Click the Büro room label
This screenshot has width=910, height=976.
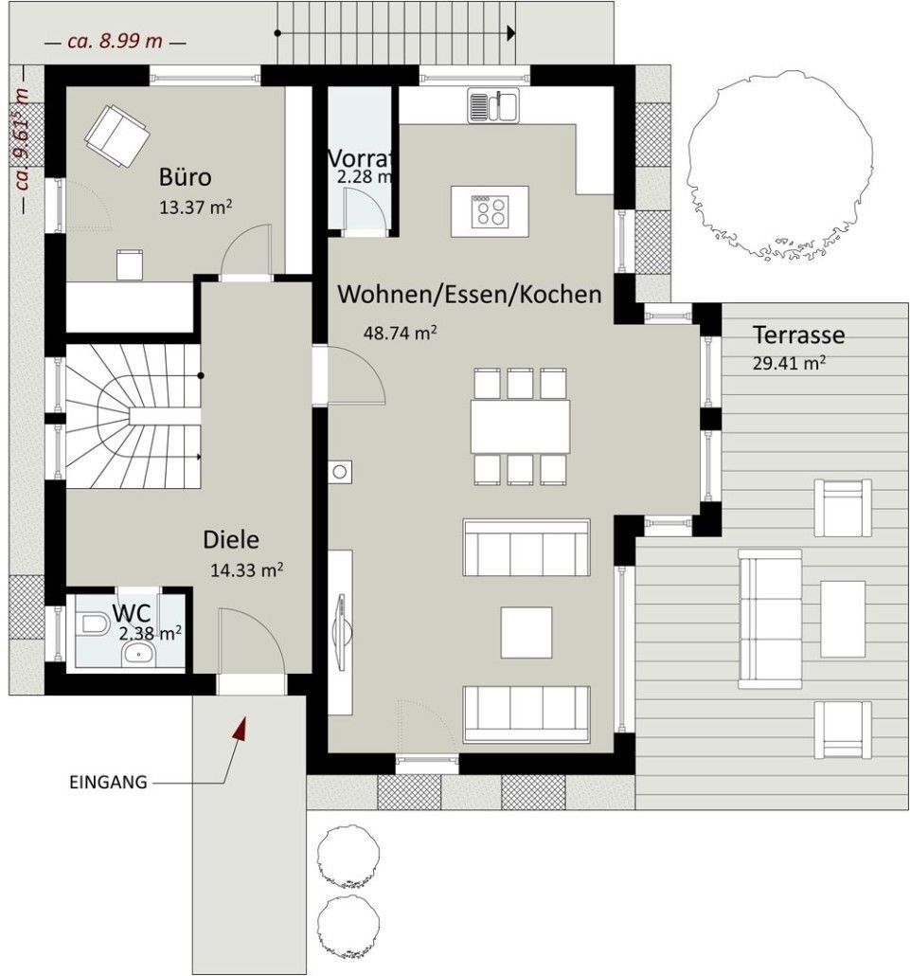click(185, 177)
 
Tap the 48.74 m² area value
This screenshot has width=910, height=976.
click(400, 333)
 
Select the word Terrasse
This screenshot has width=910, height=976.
click(798, 334)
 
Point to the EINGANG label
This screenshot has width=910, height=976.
click(108, 782)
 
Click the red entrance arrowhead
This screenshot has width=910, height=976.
click(241, 729)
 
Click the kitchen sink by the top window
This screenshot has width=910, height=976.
click(493, 105)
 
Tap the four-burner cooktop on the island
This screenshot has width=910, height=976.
click(491, 211)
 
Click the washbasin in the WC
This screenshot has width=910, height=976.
click(138, 654)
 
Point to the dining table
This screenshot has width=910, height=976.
click(520, 427)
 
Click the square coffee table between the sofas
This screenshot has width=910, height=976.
click(526, 632)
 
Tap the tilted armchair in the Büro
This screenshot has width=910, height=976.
click(116, 136)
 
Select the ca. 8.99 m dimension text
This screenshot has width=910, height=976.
click(116, 42)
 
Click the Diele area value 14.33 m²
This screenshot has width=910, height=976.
click(247, 569)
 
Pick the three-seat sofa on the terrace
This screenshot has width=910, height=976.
click(770, 619)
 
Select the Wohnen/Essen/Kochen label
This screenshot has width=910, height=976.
click(470, 295)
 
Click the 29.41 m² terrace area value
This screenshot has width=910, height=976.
click(790, 363)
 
